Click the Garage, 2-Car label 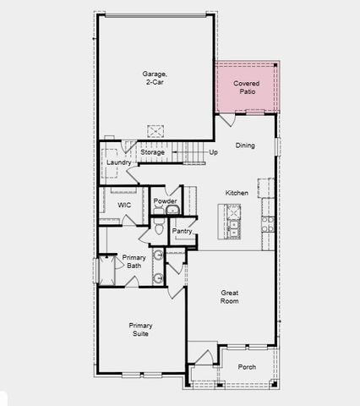[x=154, y=78]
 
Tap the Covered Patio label [x=247, y=88]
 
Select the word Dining [x=245, y=145]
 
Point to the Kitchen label [x=237, y=194]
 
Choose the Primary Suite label [x=140, y=330]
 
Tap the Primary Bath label [x=134, y=261]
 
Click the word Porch [x=247, y=367]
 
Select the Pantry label [x=183, y=231]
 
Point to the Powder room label [x=165, y=200]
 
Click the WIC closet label [x=124, y=205]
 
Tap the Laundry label [x=118, y=162]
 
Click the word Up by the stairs [x=213, y=153]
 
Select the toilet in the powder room [x=159, y=228]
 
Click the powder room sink [x=172, y=210]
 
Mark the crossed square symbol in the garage [x=155, y=130]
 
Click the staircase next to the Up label [x=194, y=153]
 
